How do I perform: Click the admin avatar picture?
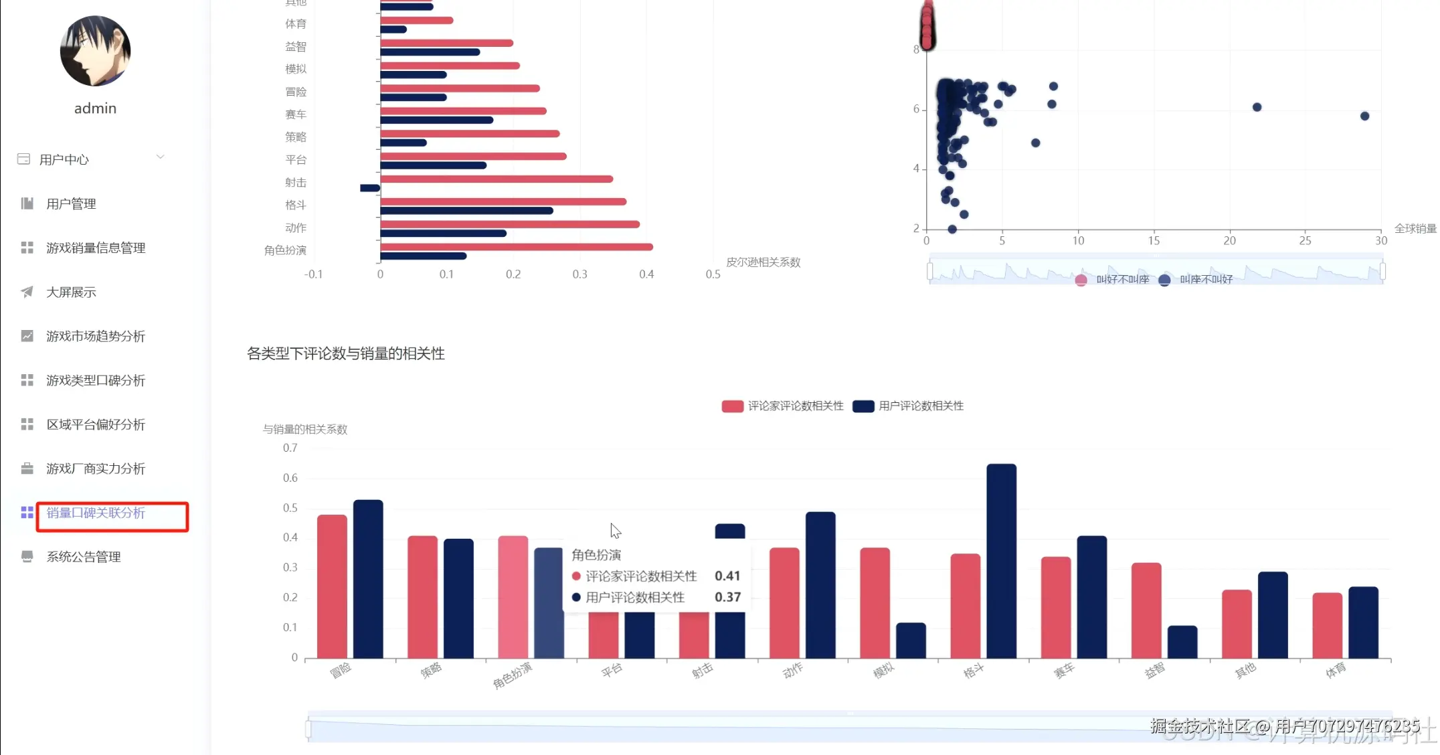[x=95, y=52]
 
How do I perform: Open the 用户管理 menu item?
[x=71, y=203]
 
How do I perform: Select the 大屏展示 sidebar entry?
[x=71, y=292]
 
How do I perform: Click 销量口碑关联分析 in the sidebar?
[x=96, y=513]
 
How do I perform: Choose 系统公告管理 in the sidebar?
[x=84, y=557]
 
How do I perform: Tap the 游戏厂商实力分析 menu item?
[x=96, y=469]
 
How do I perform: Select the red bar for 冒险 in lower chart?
[x=332, y=586]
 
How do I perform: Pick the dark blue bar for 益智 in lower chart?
[x=1182, y=642]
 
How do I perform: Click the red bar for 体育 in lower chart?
[x=1327, y=625]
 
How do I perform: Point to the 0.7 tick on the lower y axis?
[x=290, y=448]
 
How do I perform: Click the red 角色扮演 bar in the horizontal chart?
[x=516, y=247]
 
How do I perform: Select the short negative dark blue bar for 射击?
[x=370, y=188]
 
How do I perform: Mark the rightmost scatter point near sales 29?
[x=1364, y=116]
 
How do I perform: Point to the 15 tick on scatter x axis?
[x=1154, y=241]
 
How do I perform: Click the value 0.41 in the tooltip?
[x=727, y=576]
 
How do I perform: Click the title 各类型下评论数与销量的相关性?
[x=345, y=353]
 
